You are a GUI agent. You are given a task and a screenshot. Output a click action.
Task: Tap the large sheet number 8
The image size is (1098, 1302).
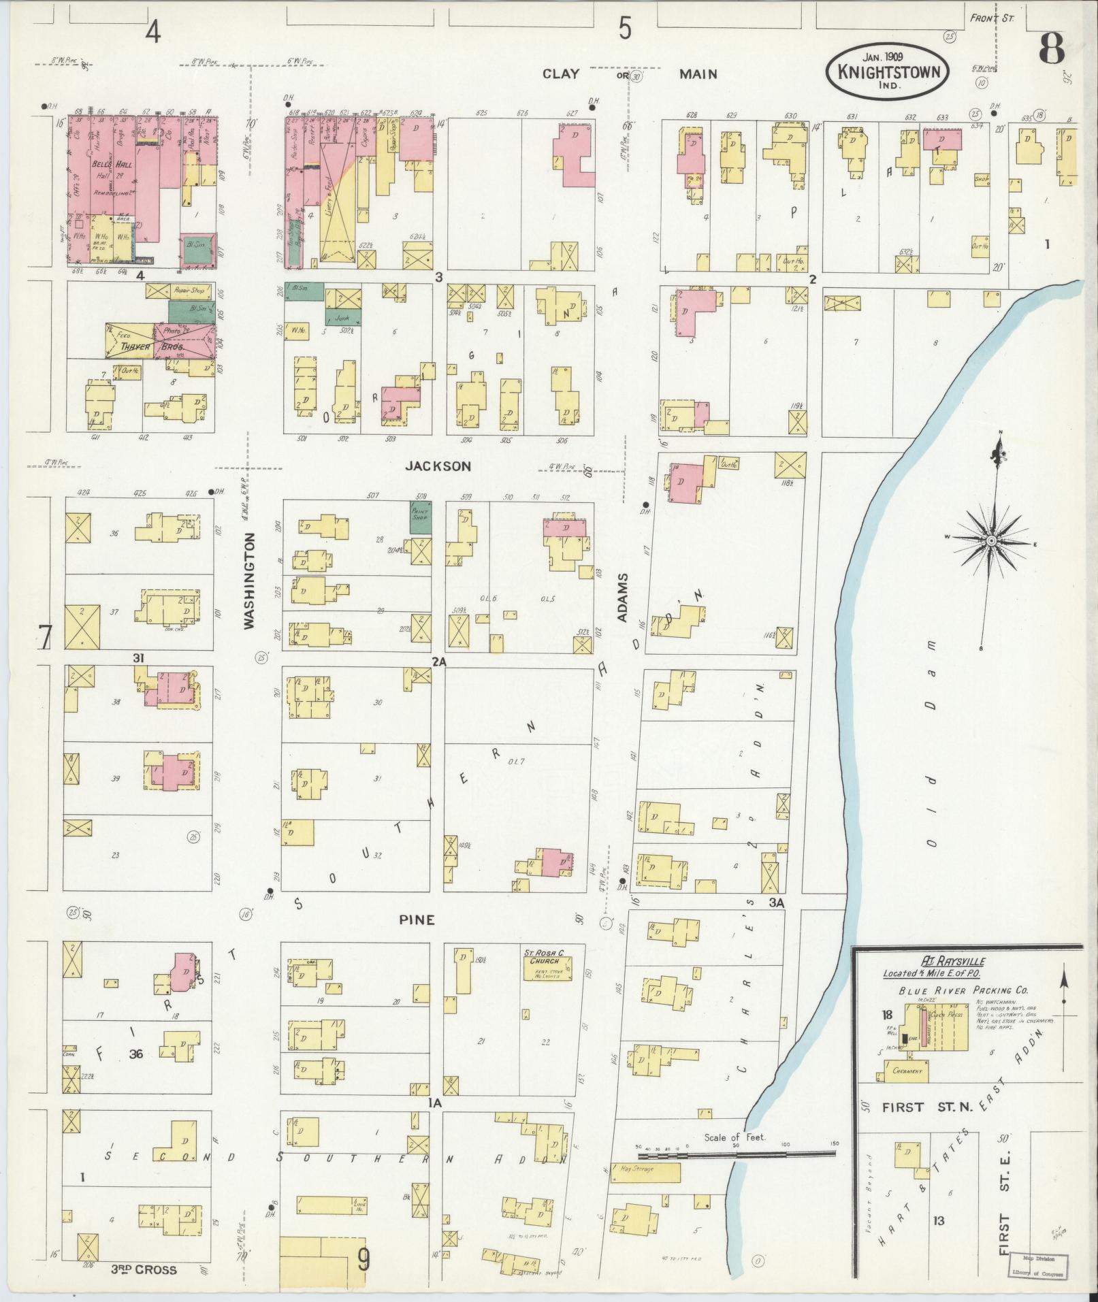coord(1052,49)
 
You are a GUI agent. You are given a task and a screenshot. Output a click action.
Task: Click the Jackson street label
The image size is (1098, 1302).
coord(438,466)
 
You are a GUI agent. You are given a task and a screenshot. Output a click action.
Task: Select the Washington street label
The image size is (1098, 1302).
coord(249,580)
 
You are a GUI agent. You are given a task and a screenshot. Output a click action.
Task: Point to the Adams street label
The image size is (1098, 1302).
coord(622,597)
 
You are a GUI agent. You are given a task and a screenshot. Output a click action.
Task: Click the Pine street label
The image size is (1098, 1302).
coord(417,919)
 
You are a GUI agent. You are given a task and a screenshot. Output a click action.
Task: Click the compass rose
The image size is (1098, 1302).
coord(991,540)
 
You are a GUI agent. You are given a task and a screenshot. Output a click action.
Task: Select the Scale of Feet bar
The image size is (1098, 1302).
coord(737,1155)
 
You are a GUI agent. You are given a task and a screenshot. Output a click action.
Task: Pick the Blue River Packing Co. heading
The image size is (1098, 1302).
coord(963,991)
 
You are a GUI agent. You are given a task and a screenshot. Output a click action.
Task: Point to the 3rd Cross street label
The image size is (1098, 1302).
coord(144,1270)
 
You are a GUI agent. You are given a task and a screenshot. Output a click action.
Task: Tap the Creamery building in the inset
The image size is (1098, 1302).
coord(907,1071)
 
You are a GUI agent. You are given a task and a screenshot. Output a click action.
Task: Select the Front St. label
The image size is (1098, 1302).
coord(992,18)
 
